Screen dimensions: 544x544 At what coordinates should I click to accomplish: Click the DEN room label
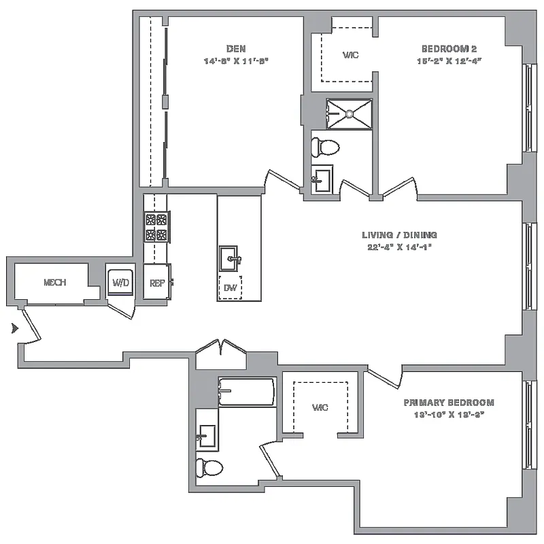pyautogui.click(x=236, y=48)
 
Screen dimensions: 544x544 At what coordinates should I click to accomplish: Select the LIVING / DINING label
pyautogui.click(x=399, y=235)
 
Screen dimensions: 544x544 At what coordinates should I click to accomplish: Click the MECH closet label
pyautogui.click(x=54, y=282)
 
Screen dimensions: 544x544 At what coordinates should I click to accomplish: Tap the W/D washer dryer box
pyautogui.click(x=120, y=282)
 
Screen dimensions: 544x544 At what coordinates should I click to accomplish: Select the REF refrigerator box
pyautogui.click(x=156, y=282)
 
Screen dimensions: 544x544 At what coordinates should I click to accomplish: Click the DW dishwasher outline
pyautogui.click(x=230, y=288)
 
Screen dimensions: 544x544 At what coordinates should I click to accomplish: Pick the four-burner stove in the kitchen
pyautogui.click(x=156, y=227)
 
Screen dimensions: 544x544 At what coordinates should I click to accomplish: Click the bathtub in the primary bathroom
pyautogui.click(x=246, y=392)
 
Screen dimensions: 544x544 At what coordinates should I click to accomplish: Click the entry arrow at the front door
pyautogui.click(x=13, y=328)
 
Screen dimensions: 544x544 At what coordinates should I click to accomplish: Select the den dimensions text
pyautogui.click(x=236, y=61)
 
